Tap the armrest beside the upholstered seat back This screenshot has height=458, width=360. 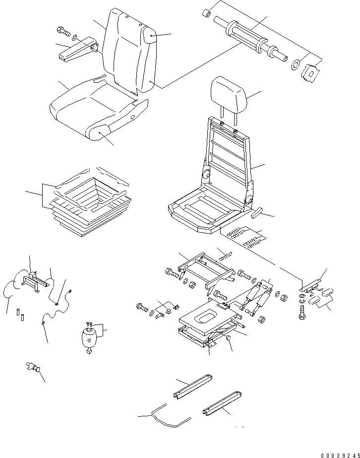[74, 49]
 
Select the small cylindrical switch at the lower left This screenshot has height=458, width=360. [33, 368]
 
